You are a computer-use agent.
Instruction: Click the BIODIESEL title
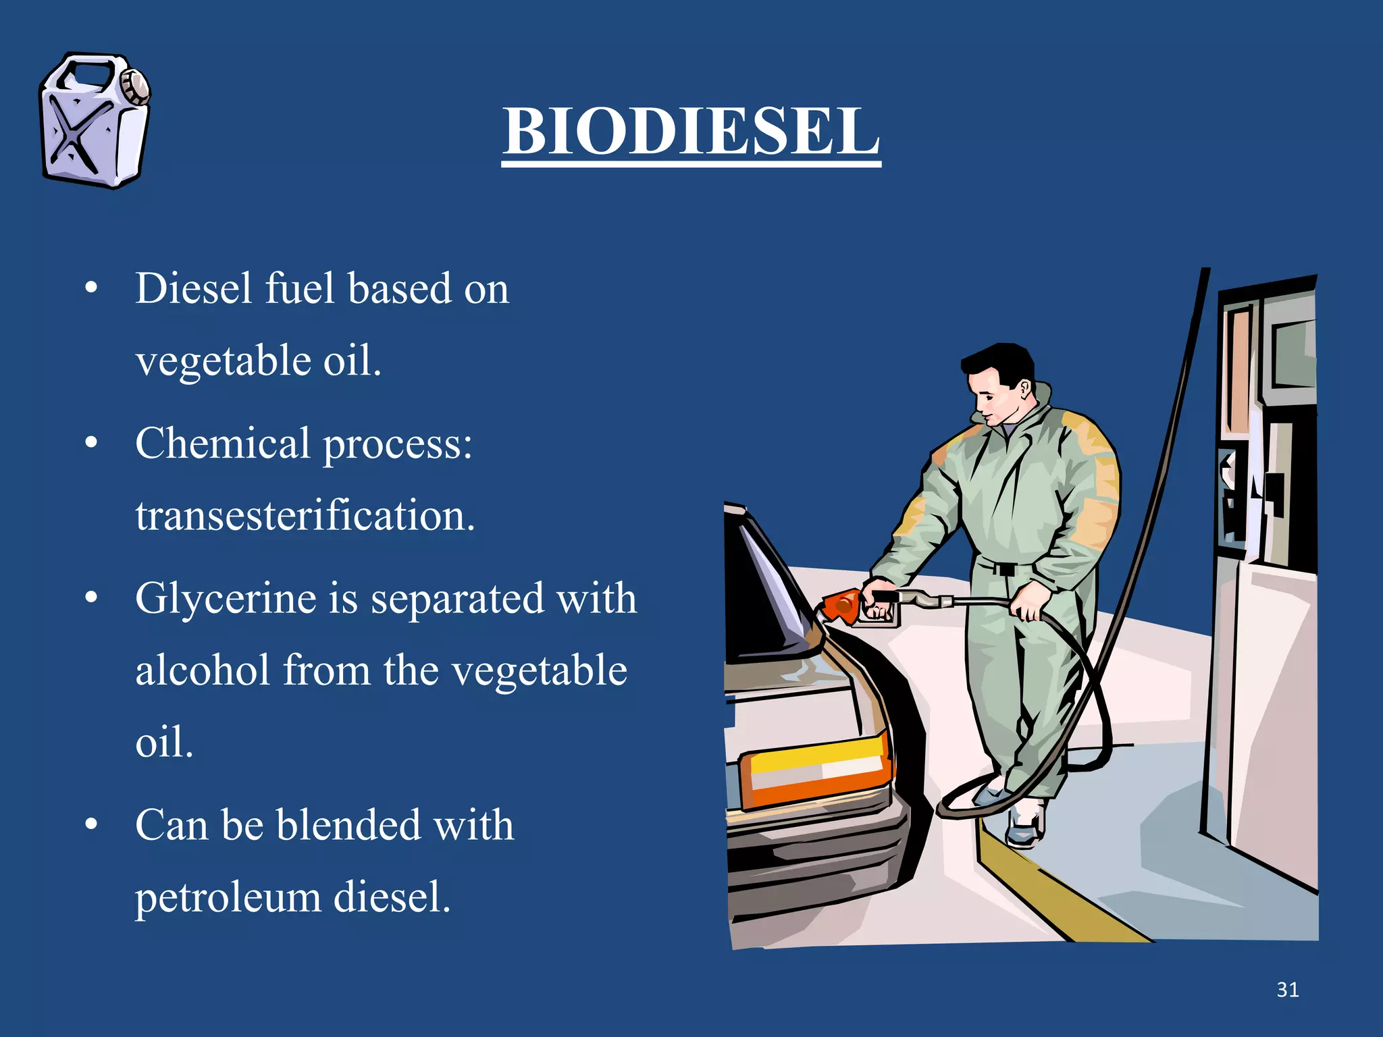(691, 132)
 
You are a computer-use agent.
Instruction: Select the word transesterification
(305, 516)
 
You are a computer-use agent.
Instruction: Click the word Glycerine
(226, 600)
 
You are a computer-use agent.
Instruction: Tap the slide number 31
(1287, 990)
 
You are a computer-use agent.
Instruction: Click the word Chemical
(222, 444)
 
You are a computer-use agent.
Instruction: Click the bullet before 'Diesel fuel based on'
(92, 289)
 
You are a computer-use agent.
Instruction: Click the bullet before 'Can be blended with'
(92, 825)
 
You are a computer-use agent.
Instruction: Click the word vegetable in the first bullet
(223, 361)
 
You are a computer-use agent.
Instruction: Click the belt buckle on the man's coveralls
(1006, 568)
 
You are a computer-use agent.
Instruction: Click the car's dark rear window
(756, 587)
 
